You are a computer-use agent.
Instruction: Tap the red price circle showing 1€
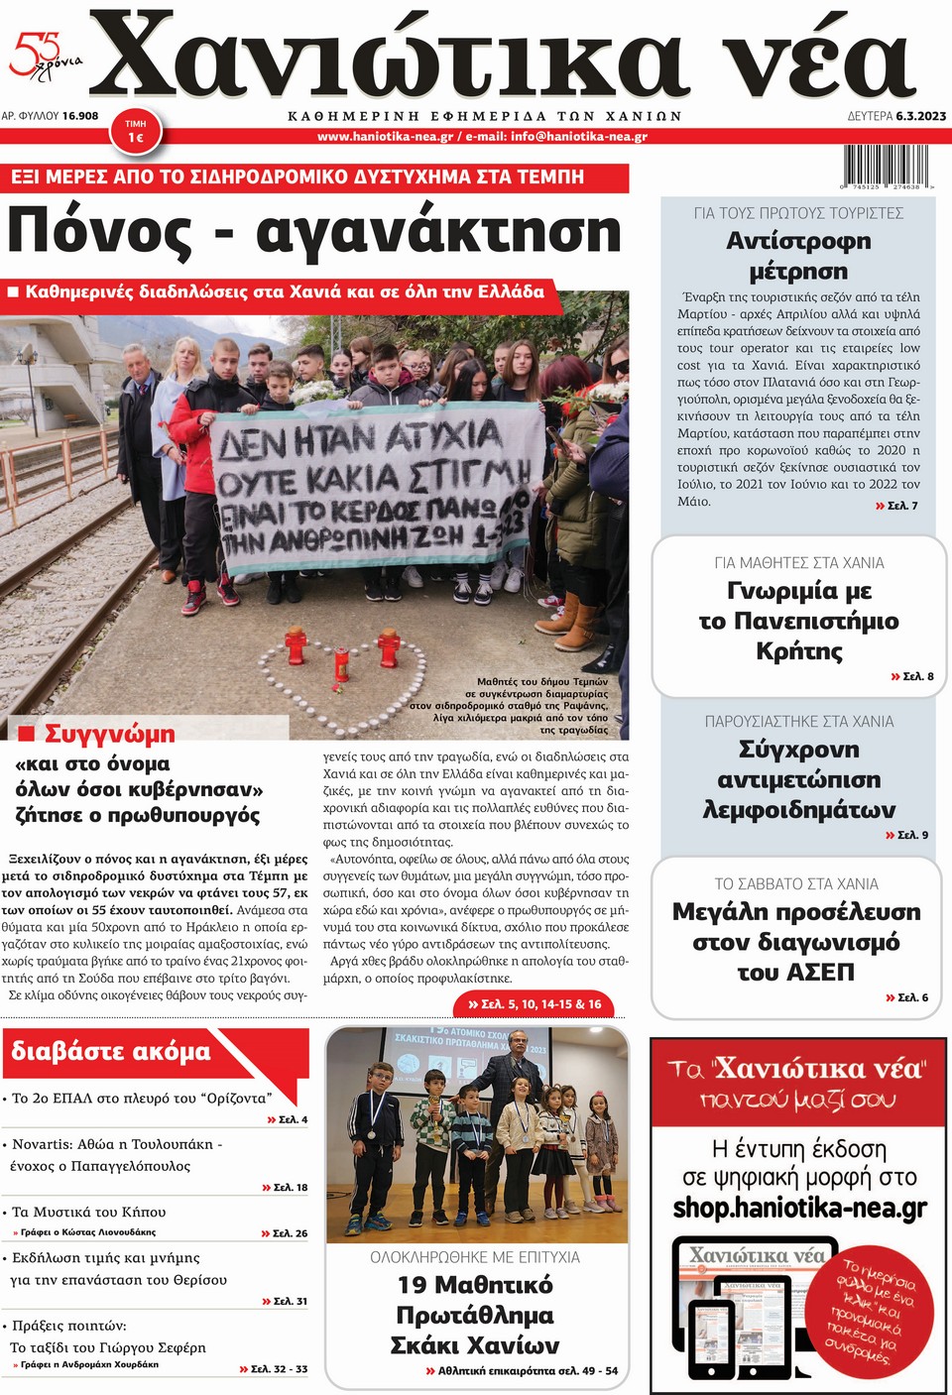(136, 132)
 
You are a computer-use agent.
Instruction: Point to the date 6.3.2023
(920, 116)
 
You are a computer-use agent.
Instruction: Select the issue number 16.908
(79, 116)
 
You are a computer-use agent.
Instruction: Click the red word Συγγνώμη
(109, 734)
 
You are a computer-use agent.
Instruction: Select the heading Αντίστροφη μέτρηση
(798, 256)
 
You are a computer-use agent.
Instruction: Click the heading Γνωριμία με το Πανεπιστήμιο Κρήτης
(798, 621)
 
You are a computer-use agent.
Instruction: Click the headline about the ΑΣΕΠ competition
(796, 941)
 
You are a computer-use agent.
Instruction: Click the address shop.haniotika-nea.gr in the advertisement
(799, 1208)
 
